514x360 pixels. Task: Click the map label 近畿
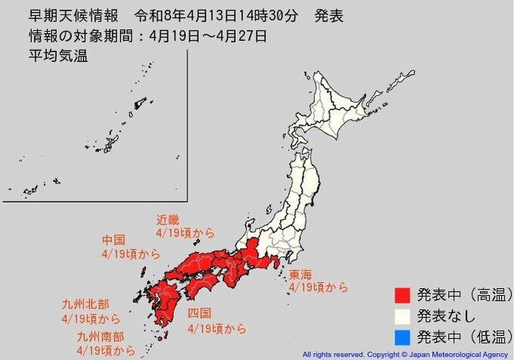point(168,220)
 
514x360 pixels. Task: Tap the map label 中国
point(113,241)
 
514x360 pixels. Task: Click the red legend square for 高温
point(401,293)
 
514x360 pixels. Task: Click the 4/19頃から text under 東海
point(318,287)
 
